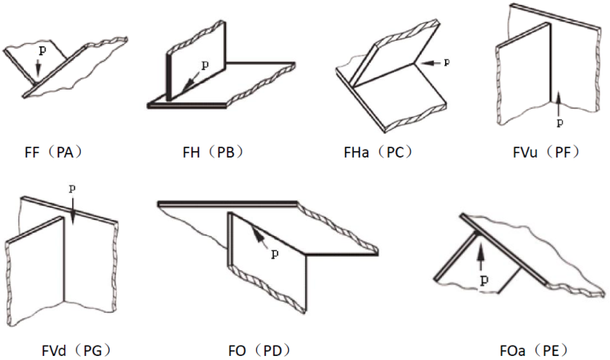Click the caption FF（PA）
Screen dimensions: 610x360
tap(54, 152)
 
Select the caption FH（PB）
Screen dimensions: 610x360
tap(213, 152)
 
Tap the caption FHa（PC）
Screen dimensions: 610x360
tap(378, 152)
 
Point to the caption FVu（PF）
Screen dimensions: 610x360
tap(546, 152)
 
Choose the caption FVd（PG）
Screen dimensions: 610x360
tap(76, 350)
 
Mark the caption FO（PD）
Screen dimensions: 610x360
tap(259, 350)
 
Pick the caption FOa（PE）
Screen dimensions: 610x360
tap(534, 350)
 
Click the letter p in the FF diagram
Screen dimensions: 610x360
tap(42, 51)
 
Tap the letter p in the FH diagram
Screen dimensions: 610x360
tap(205, 66)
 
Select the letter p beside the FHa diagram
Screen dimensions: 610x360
tap(447, 62)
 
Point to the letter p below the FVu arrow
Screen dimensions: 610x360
tap(560, 123)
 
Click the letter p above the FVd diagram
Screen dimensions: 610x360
tap(72, 189)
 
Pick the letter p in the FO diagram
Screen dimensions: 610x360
tap(275, 254)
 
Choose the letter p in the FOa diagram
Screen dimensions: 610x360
tap(484, 280)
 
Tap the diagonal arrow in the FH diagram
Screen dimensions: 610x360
tap(191, 82)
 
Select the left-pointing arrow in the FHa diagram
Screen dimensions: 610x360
tap(429, 62)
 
